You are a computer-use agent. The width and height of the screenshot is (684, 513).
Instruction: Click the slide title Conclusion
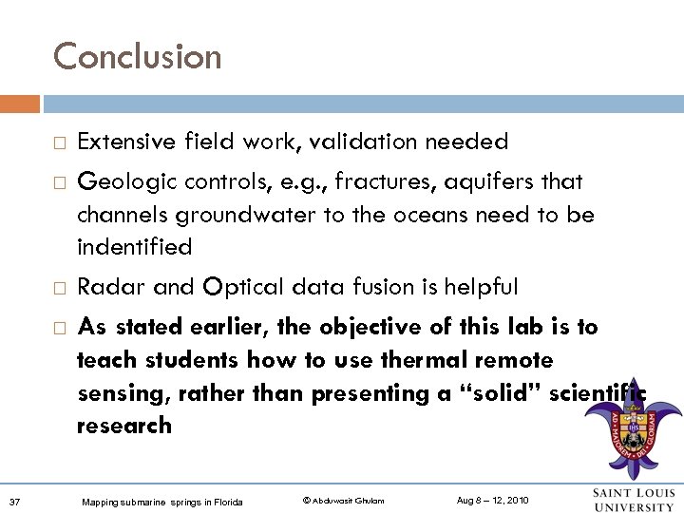137,56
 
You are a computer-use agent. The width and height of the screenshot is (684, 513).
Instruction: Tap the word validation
362,142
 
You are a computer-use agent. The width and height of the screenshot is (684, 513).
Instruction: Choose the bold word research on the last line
124,426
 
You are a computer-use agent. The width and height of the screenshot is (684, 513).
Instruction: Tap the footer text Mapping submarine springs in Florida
161,501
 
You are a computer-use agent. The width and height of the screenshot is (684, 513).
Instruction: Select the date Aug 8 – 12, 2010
493,500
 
